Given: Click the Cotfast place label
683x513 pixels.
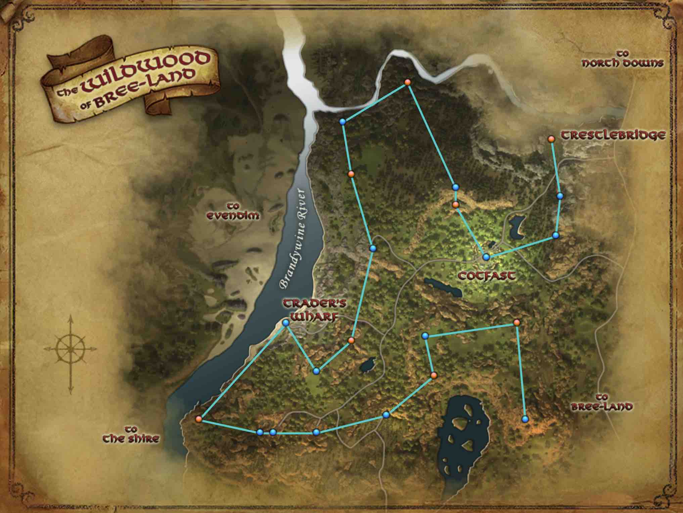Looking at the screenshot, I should (487, 276).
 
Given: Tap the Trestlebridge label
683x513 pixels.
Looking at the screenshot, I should (613, 135).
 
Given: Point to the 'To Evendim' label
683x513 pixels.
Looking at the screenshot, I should (233, 211).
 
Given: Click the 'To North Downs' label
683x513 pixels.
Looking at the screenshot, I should (623, 59).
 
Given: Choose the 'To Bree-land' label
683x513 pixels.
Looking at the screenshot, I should (602, 402).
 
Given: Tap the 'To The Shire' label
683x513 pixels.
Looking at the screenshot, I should (131, 434).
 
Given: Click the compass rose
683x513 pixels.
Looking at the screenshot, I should (71, 349).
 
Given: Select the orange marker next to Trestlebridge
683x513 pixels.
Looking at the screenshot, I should (551, 139).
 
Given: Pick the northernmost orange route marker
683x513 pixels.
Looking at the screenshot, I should (407, 82).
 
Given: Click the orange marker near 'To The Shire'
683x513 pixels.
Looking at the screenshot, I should (198, 419).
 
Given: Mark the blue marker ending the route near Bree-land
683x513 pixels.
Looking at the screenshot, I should (525, 419).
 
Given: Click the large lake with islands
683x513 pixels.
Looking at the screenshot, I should (463, 440).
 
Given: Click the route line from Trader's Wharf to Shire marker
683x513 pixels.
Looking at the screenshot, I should (242, 371).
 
